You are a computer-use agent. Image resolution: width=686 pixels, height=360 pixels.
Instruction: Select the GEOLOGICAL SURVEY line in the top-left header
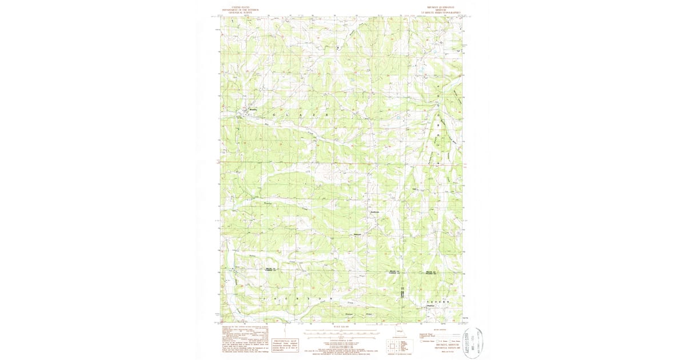pyautogui.click(x=233, y=13)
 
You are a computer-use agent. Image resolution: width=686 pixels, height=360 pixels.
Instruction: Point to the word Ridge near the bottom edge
pyautogui.click(x=369, y=314)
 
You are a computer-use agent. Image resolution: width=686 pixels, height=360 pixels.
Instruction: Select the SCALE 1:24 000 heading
pyautogui.click(x=341, y=326)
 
